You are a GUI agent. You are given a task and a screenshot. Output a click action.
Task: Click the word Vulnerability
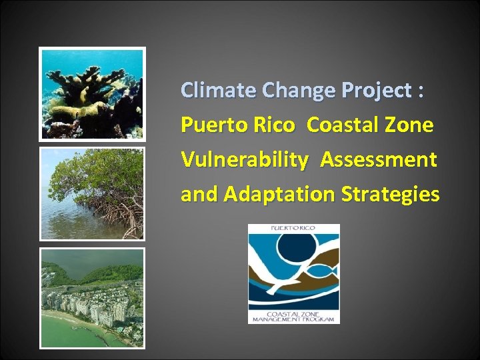[x=245, y=160]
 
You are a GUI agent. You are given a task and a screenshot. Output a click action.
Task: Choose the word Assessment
[x=378, y=160]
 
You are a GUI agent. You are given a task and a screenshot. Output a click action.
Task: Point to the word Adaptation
[x=281, y=194]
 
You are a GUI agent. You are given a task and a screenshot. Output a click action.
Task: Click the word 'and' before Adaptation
[x=199, y=194]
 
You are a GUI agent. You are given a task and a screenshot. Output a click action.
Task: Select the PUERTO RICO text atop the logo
[x=293, y=229]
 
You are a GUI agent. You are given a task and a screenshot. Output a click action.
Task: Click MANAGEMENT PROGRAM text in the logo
[x=294, y=319]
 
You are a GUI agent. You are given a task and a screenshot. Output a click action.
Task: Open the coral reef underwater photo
[x=92, y=93]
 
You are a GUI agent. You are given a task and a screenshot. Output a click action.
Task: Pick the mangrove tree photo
[x=92, y=193]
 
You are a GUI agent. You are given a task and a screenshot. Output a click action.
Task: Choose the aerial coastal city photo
[x=92, y=297]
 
